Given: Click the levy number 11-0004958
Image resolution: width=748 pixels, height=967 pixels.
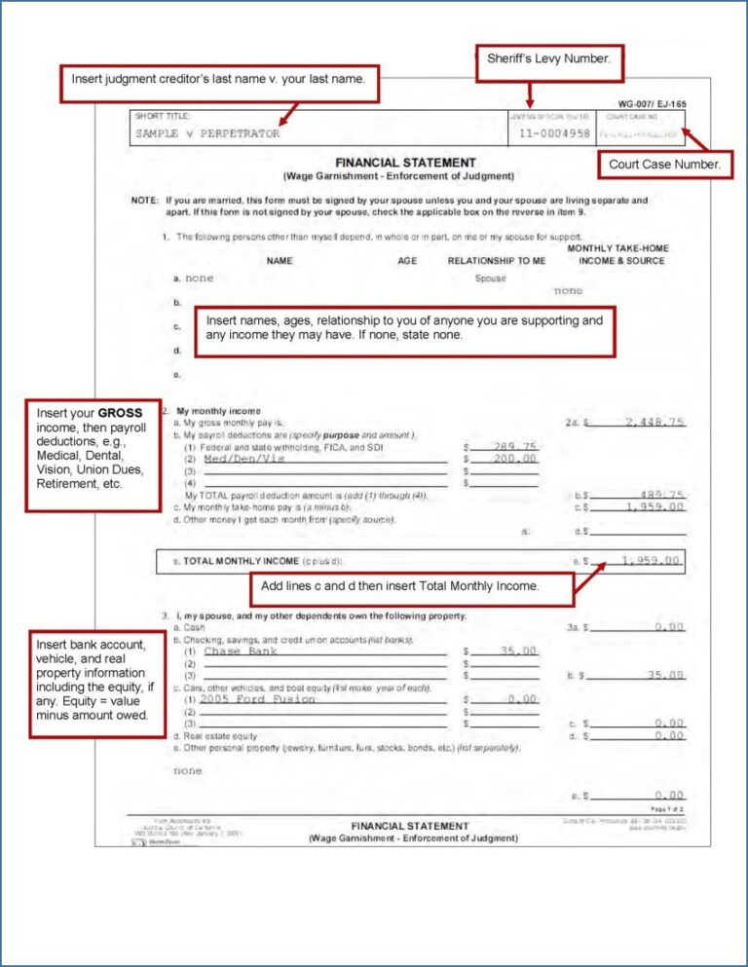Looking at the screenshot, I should click(554, 133).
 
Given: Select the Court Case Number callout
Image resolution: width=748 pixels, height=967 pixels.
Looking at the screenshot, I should click(664, 166).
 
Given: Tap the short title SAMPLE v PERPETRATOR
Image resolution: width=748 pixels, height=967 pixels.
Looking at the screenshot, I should click(207, 133).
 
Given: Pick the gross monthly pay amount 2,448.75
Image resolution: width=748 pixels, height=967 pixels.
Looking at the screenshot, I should click(654, 422).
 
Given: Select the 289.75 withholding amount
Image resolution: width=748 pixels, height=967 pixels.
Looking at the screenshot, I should click(514, 446).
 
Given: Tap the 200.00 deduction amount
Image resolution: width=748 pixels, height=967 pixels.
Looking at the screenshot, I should click(514, 459).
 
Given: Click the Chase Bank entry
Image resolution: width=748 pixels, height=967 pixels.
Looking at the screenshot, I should click(241, 651).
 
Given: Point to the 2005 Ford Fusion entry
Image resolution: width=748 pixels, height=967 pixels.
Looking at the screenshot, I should click(258, 699).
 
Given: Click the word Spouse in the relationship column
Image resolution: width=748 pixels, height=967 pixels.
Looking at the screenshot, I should click(490, 279).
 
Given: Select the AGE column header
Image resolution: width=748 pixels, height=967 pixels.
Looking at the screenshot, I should click(407, 260).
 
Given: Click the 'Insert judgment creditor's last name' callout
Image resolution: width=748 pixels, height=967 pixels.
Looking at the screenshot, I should click(219, 80).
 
